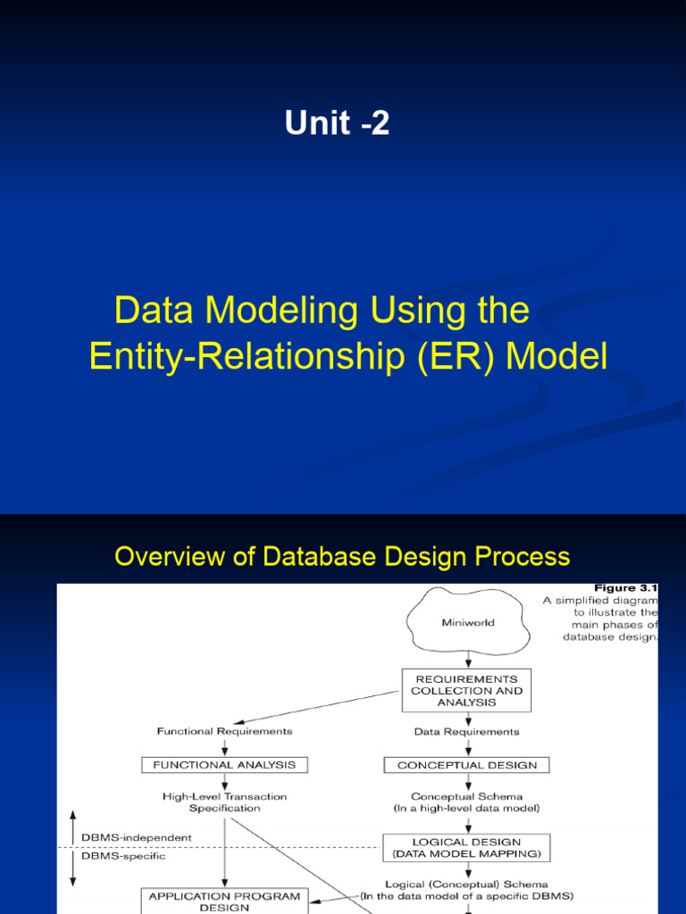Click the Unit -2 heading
click(x=337, y=123)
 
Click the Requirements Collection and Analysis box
click(x=466, y=690)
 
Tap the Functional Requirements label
click(x=224, y=732)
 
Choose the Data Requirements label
click(x=466, y=732)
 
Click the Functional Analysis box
click(x=224, y=765)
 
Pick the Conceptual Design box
click(x=466, y=765)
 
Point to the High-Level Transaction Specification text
click(x=224, y=802)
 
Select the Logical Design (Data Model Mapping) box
click(x=466, y=848)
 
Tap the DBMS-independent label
click(x=136, y=838)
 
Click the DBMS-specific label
click(x=123, y=856)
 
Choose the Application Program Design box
click(x=224, y=901)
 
